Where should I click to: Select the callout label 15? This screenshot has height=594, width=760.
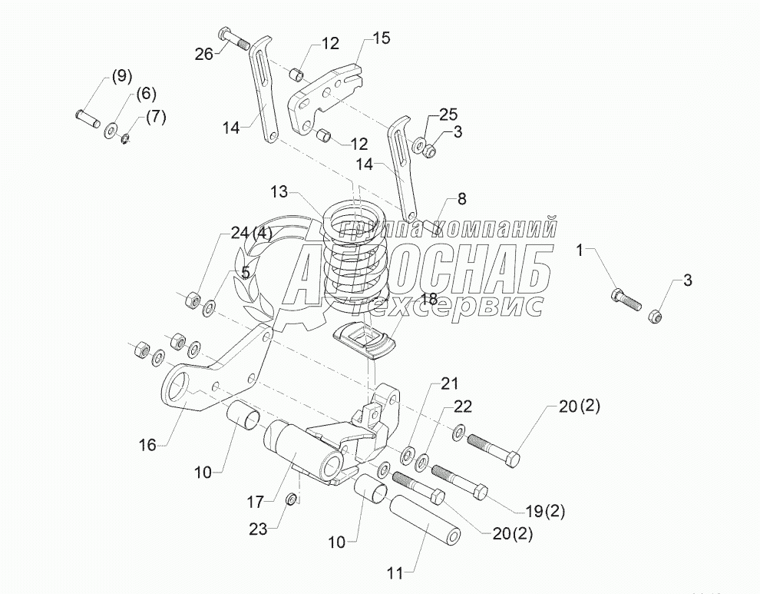click(381, 37)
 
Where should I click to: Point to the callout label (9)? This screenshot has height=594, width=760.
click(122, 76)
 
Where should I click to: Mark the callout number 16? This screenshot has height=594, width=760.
click(147, 443)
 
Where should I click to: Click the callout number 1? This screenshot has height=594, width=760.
click(580, 249)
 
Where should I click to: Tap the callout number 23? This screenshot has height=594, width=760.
click(259, 528)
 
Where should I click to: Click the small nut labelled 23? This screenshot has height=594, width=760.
click(292, 500)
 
